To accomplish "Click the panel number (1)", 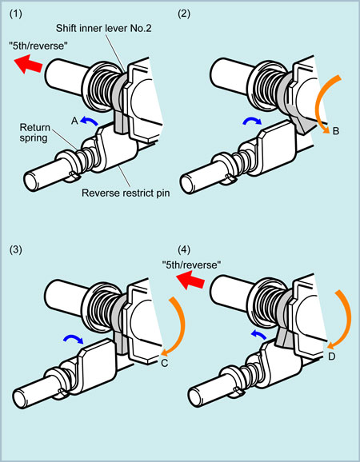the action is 15,14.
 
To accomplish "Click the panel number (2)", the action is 184,14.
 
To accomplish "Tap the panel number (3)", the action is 15,250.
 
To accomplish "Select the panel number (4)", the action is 184,250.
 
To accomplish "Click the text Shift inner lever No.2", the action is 104,28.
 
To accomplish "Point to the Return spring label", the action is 34,133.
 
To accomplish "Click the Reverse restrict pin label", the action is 126,193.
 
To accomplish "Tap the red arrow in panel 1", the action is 28,63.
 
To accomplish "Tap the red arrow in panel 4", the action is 190,280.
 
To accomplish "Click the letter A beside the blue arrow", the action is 74,121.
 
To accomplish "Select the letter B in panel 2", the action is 336,131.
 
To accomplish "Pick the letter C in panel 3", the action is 165,364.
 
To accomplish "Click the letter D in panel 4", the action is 332,356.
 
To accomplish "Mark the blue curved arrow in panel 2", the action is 252,120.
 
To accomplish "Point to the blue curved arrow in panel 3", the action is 74,339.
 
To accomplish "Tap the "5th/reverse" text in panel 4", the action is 192,265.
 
